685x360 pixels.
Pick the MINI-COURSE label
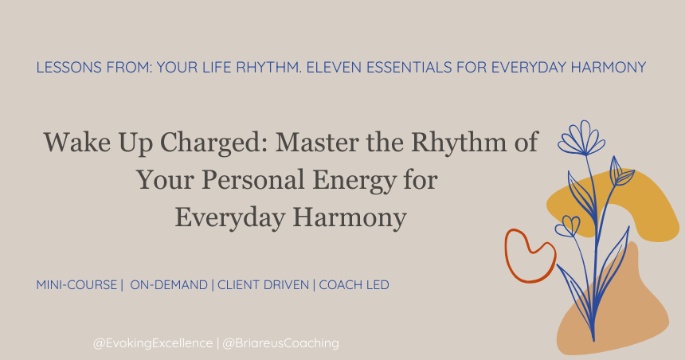click(76, 284)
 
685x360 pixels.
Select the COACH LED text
click(354, 284)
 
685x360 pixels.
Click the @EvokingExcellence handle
click(153, 343)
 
